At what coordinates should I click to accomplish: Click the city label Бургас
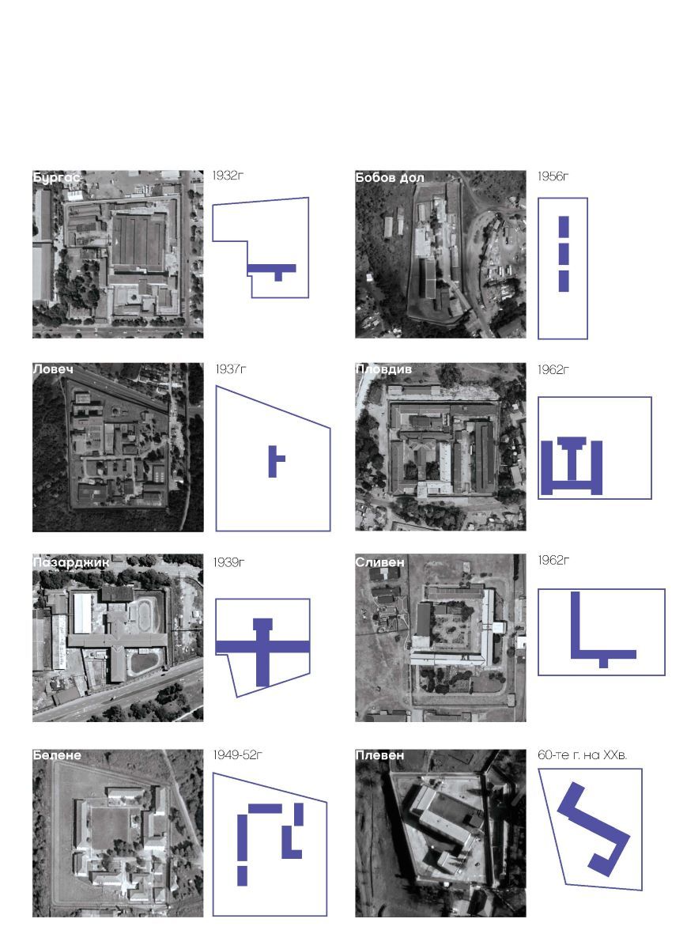pos(56,178)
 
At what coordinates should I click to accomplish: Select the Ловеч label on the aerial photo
pos(52,369)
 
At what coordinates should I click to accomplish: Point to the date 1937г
pos(230,369)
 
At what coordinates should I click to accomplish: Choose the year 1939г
pos(228,562)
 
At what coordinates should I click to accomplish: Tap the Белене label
pos(56,755)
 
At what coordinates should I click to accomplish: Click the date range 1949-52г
pos(237,755)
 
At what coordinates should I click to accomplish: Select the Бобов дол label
pos(390,178)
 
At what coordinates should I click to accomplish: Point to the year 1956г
pos(553,176)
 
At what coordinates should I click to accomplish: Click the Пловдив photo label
pos(383,369)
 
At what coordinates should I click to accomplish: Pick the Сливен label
pos(380,562)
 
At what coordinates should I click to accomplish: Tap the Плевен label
pos(379,755)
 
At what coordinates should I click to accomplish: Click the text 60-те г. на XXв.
pos(582,755)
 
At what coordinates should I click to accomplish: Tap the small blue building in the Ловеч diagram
pos(273,462)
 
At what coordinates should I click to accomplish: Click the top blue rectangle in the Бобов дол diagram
pos(564,226)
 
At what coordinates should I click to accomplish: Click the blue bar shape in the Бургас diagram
pos(271,268)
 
